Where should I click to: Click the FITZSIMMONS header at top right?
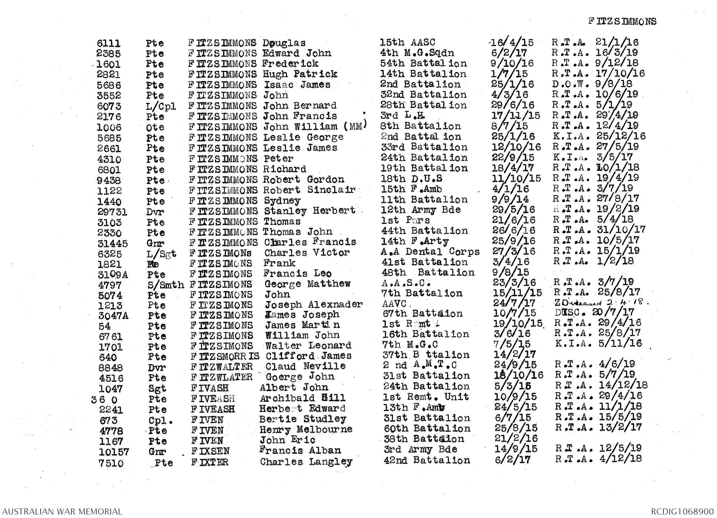(x=622, y=21)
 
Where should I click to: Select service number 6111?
(x=109, y=43)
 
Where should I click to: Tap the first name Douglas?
(x=284, y=43)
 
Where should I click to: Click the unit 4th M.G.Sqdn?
(x=417, y=53)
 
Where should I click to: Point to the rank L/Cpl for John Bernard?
(x=161, y=106)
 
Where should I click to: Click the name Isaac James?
(x=297, y=85)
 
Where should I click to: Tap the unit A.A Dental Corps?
(x=430, y=252)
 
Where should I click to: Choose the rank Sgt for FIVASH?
(x=157, y=389)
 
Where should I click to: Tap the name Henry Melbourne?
(x=306, y=430)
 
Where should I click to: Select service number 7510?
(x=111, y=463)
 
